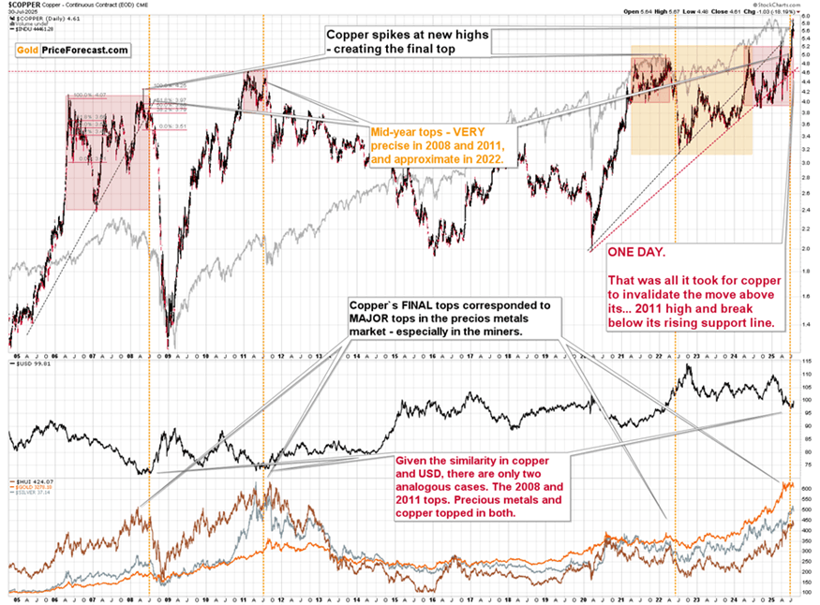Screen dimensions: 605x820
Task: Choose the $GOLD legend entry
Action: click(29, 485)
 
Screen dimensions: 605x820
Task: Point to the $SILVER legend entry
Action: click(29, 492)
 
